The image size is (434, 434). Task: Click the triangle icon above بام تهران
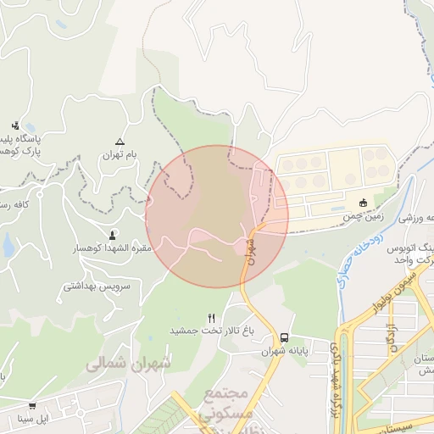(x=120, y=141)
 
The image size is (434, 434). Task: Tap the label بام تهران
(x=120, y=155)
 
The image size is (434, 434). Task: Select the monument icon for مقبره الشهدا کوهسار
(x=113, y=234)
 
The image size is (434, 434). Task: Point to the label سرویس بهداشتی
(x=97, y=287)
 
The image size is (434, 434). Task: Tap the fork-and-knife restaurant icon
(x=211, y=317)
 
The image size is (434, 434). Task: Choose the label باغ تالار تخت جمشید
(x=212, y=330)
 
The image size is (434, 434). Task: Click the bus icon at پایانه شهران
(x=284, y=336)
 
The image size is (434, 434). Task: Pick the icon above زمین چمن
(x=364, y=202)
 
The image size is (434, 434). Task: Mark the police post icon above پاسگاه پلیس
(x=15, y=125)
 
